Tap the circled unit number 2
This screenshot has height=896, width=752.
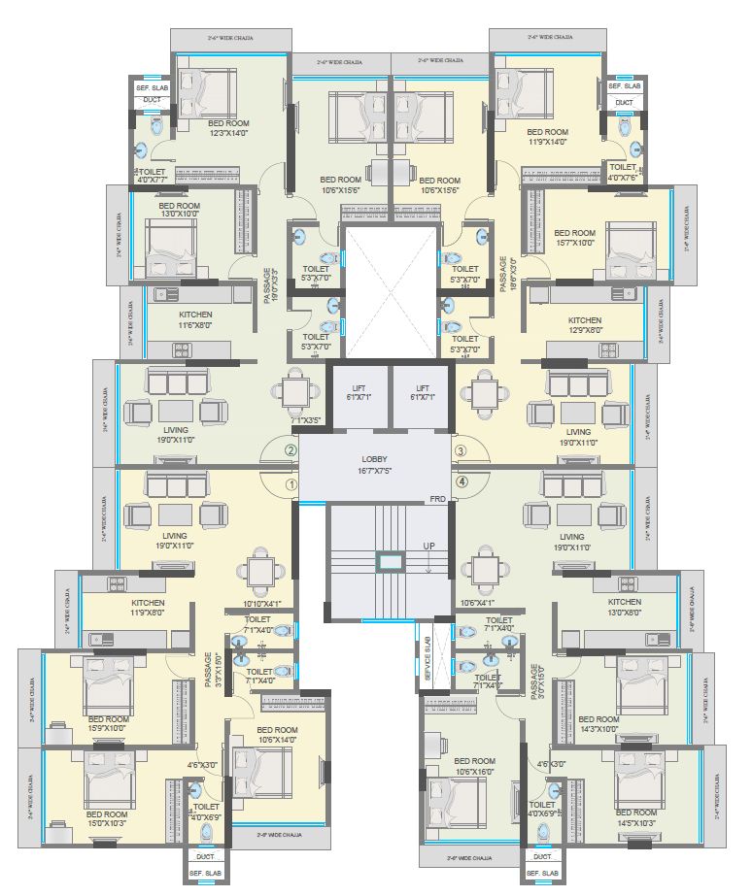coord(289,450)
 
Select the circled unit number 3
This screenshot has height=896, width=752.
coord(461,450)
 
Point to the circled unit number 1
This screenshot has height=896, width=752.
coord(289,482)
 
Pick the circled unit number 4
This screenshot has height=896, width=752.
coord(461,481)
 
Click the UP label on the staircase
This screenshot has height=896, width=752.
coord(428,547)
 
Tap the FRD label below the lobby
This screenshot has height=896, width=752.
coord(438,499)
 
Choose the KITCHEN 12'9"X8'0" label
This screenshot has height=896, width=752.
coord(585,325)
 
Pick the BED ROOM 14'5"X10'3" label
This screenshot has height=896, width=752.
coord(636,817)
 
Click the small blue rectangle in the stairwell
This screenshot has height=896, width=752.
coord(389,560)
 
